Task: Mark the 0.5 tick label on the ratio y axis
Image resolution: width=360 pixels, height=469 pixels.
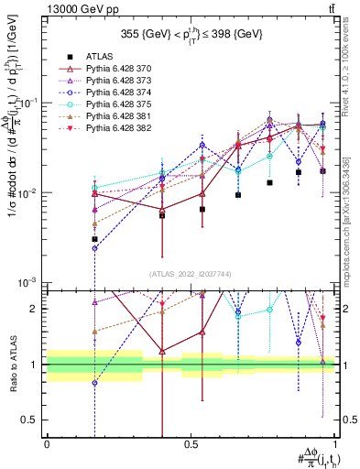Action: point(31,420)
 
